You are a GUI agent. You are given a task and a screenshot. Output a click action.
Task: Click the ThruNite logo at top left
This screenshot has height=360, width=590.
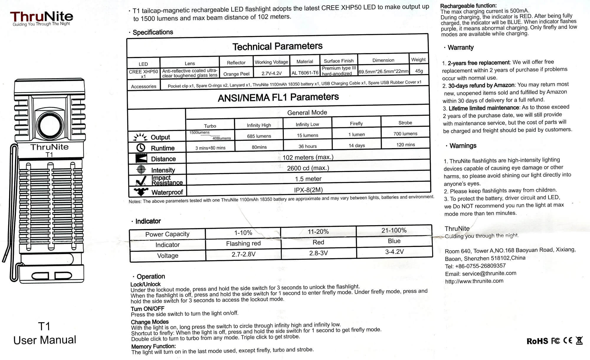[42, 18]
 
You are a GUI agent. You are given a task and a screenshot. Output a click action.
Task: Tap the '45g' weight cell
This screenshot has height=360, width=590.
[419, 71]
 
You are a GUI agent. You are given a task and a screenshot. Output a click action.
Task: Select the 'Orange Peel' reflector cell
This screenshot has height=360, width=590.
[236, 74]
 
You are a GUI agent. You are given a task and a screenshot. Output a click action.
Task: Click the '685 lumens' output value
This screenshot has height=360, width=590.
[259, 136]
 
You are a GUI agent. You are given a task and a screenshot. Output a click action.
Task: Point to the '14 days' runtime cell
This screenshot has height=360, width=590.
[357, 145]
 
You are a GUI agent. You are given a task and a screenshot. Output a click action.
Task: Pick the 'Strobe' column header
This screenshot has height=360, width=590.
[405, 123]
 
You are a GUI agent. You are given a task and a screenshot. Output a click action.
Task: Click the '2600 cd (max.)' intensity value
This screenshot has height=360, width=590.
[308, 168]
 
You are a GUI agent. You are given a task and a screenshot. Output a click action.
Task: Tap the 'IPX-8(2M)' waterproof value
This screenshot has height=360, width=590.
[308, 190]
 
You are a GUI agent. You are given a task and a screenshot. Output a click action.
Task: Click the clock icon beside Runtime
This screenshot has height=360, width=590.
[141, 148]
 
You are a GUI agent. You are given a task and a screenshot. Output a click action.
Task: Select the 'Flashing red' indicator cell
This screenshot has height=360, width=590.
[243, 243]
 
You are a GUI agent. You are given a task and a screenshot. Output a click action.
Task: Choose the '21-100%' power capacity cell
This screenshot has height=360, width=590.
[394, 230]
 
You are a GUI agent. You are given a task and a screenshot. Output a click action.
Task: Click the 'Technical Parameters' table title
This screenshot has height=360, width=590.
[277, 46]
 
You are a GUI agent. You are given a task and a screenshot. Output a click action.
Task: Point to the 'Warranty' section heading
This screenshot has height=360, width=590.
[460, 48]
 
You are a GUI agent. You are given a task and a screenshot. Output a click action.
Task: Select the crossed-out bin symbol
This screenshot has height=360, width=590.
[579, 341]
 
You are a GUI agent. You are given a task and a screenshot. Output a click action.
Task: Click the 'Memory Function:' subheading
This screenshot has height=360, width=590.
[153, 346]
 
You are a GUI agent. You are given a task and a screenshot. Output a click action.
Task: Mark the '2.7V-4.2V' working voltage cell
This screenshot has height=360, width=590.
[271, 73]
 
